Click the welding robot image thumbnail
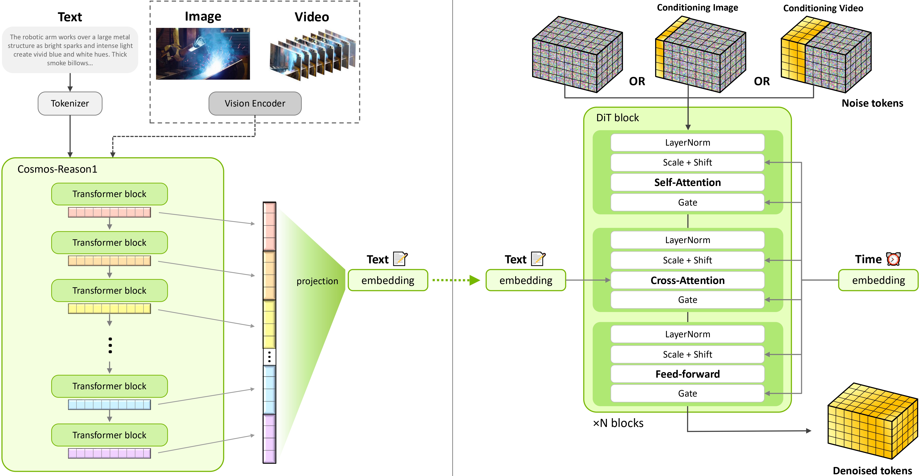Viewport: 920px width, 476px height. pos(203,54)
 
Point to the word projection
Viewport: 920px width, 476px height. pos(317,281)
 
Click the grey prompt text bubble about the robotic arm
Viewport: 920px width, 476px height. pos(70,50)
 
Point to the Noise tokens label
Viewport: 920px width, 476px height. pos(872,103)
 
